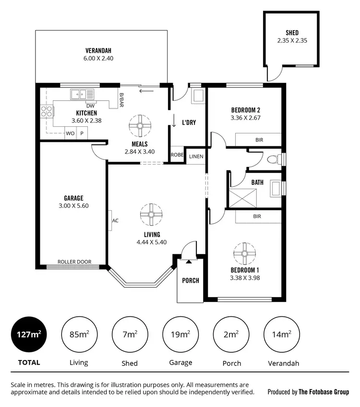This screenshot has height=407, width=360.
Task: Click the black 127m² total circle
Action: tap(28, 335)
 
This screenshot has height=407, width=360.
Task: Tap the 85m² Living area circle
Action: tap(79, 335)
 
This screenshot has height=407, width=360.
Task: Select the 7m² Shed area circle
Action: tap(129, 335)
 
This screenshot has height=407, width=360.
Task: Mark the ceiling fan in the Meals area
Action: tap(140, 125)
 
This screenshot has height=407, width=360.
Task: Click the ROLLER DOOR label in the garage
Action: tap(74, 262)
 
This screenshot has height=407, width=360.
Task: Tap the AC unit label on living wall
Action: tap(115, 221)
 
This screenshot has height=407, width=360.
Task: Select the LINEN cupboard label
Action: tap(196, 156)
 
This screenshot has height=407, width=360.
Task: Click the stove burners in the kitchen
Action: tap(47, 112)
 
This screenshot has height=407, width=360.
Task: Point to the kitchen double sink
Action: tap(82, 94)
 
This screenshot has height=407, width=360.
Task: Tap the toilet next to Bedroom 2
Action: tap(274, 159)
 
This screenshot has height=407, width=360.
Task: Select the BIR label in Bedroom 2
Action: tap(259, 140)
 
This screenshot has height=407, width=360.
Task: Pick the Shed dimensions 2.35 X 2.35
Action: tap(292, 41)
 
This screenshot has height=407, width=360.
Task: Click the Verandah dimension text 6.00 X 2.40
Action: tap(99, 58)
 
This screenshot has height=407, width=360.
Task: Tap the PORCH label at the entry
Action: tap(191, 280)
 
